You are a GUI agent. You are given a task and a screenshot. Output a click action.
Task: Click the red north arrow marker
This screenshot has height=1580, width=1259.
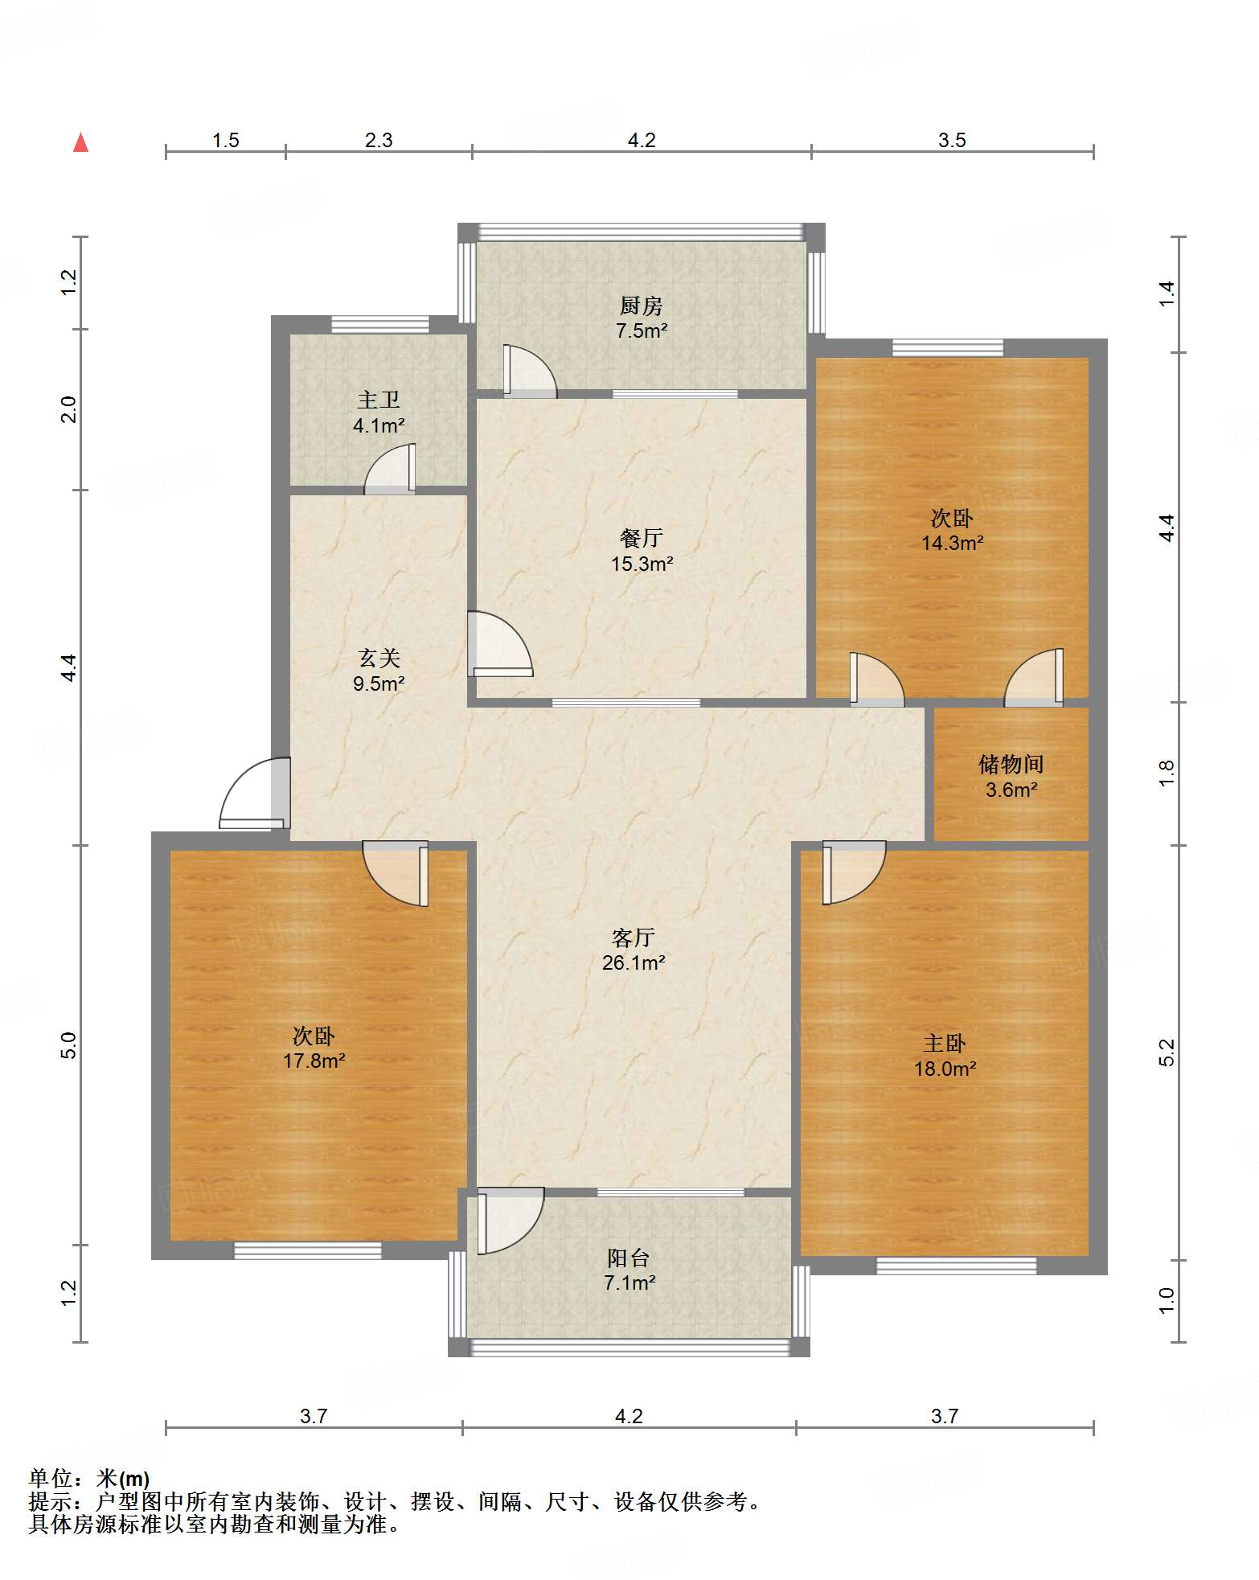80,142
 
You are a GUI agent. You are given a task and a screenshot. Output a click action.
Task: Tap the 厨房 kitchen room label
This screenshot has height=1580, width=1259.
641,306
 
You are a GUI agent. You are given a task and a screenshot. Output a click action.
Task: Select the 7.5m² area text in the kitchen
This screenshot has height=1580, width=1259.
642,330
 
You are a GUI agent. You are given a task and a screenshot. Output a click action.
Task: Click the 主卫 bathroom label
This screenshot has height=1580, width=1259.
379,400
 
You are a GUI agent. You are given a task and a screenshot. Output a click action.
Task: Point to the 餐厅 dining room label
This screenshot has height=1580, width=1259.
642,537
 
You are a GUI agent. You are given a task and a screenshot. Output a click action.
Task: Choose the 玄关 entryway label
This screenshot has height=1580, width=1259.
379,658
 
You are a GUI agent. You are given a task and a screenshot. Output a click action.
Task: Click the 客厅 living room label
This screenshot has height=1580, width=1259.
634,937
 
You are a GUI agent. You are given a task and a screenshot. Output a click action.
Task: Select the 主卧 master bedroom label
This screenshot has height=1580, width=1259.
945,1043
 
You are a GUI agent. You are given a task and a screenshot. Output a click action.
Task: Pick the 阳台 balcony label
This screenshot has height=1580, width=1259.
629,1257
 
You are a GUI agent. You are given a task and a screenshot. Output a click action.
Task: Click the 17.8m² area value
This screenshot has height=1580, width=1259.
314,1061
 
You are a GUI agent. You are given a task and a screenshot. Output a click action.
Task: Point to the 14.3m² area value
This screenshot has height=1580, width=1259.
953,543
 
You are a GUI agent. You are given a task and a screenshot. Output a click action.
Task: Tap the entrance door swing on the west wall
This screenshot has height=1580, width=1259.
253,794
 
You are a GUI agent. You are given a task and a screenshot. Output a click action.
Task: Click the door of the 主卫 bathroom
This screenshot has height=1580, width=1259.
390,469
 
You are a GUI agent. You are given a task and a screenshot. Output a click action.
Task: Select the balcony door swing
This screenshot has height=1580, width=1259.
510,1221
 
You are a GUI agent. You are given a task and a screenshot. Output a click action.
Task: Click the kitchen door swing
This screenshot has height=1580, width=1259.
529,371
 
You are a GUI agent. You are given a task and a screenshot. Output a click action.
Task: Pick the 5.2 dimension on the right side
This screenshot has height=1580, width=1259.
1167,1053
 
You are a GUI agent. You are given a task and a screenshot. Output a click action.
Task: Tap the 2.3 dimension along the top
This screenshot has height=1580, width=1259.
379,140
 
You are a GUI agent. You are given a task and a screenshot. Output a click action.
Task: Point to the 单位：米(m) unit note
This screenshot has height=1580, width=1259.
89,1478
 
